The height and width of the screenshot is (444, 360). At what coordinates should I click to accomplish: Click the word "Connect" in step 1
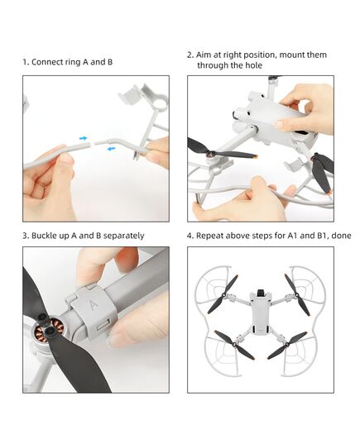pos(46,62)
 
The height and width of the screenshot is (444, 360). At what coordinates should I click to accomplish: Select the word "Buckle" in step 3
pos(47,236)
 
